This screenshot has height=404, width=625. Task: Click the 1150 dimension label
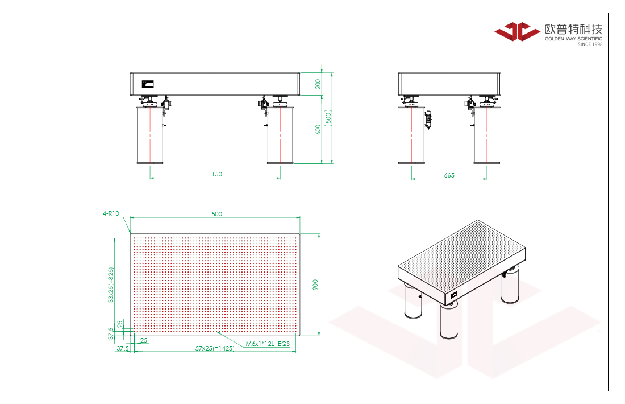[215, 174]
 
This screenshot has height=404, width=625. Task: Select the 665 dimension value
[449, 175]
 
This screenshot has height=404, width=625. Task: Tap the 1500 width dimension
[215, 214]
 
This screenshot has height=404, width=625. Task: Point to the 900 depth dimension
[315, 285]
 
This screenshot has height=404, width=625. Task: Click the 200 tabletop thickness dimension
[318, 84]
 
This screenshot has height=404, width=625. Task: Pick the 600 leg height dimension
[318, 129]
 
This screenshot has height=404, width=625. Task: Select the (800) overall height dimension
[328, 118]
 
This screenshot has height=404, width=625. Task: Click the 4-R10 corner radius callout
[111, 213]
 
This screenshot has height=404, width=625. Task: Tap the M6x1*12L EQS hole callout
[268, 344]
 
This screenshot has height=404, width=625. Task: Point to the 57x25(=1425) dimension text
[215, 348]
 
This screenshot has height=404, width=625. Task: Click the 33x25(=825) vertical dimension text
[111, 285]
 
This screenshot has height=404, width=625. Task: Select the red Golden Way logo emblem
[517, 31]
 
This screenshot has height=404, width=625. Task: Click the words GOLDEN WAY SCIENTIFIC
[574, 39]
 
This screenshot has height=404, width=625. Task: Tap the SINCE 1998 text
[590, 44]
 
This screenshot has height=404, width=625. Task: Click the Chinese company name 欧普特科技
[574, 29]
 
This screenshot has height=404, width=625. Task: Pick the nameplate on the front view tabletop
[148, 84]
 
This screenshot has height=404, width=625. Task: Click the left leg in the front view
[150, 135]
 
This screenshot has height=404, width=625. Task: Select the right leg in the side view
[487, 135]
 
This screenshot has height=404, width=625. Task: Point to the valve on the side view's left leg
[428, 119]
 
